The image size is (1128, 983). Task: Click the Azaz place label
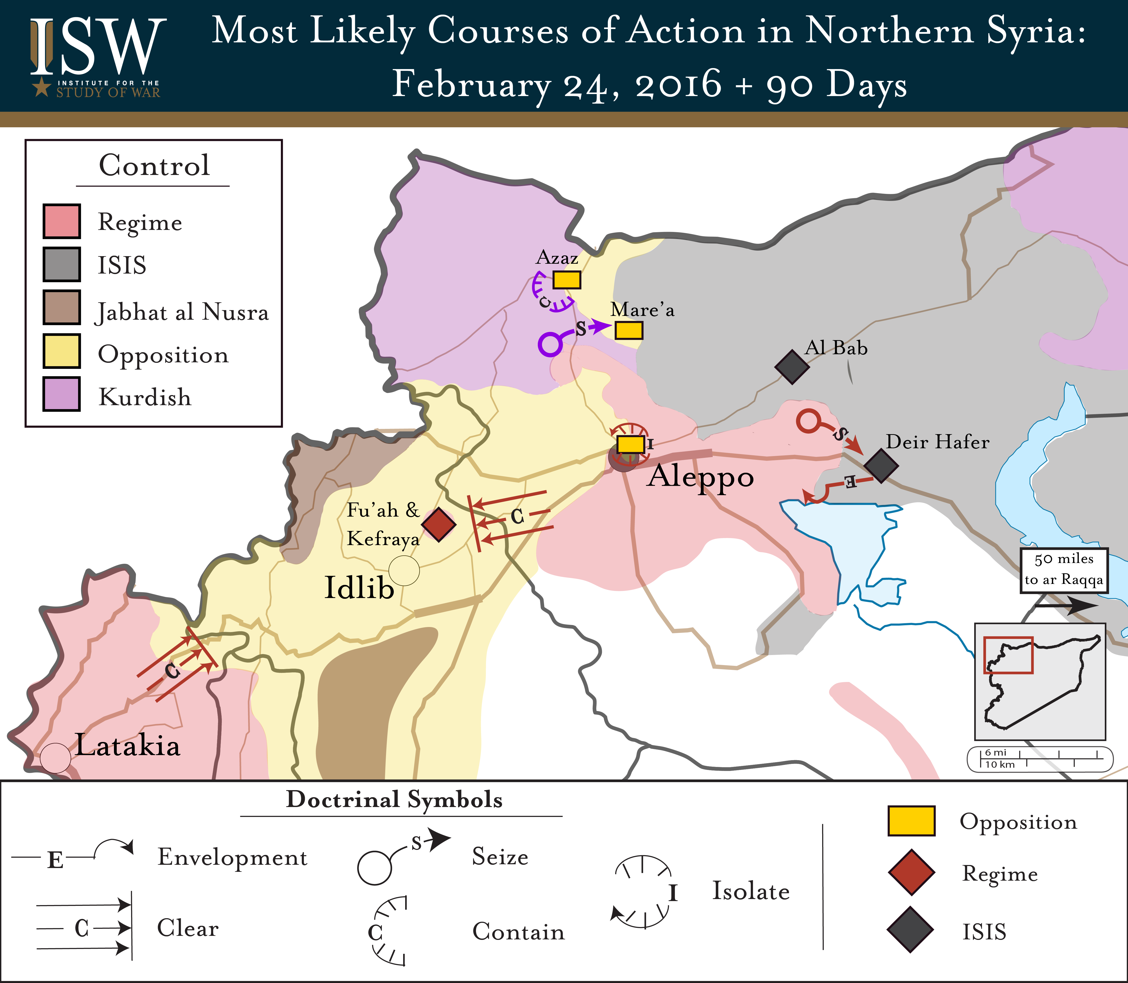[x=557, y=257]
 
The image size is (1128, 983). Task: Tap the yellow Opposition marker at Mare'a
[x=628, y=330]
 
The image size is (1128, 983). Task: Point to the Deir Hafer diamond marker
[x=881, y=466]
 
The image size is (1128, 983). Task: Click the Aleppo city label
[x=701, y=476]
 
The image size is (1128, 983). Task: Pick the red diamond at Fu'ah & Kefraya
[x=438, y=524]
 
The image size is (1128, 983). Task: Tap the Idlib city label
[x=359, y=588]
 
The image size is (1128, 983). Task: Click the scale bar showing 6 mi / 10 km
[x=1040, y=759]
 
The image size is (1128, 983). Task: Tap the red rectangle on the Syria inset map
[x=1008, y=655]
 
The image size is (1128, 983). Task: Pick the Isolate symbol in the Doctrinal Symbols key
[x=642, y=891]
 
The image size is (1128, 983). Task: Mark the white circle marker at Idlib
[x=404, y=571]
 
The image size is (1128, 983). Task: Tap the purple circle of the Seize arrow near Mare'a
[x=550, y=344]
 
